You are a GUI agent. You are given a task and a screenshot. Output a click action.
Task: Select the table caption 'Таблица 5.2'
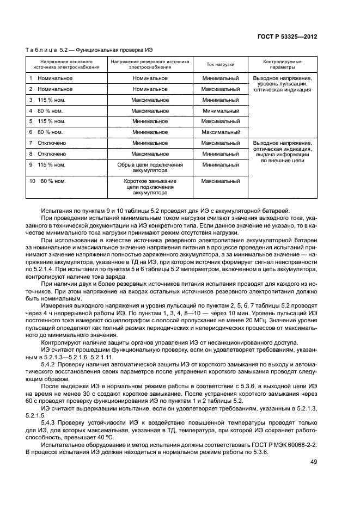[41, 50]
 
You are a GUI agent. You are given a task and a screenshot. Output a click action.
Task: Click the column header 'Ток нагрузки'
[221, 64]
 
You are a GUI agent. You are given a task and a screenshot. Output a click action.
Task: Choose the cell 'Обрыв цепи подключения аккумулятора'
[150, 167]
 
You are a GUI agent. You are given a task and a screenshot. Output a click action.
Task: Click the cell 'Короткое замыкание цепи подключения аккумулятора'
[150, 186]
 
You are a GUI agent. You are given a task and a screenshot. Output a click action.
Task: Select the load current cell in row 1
[221, 78]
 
